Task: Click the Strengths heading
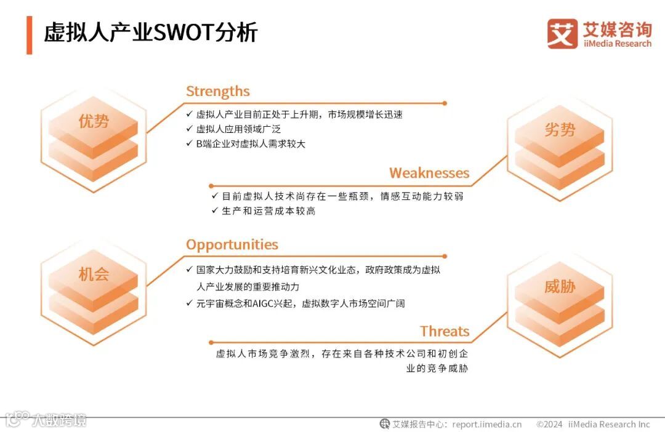217,92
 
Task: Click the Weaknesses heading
429,173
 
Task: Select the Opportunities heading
232,244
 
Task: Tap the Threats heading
445,331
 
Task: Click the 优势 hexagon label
94,121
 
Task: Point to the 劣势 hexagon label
560,129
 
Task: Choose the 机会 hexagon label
94,274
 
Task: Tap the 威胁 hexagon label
560,286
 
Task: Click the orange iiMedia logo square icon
562,33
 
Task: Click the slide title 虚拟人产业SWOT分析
150,33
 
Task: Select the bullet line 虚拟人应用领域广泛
238,129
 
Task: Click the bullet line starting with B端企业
250,144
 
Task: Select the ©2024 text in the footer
549,424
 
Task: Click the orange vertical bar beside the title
29,34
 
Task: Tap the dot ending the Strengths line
445,103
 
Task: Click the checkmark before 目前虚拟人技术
214,196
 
